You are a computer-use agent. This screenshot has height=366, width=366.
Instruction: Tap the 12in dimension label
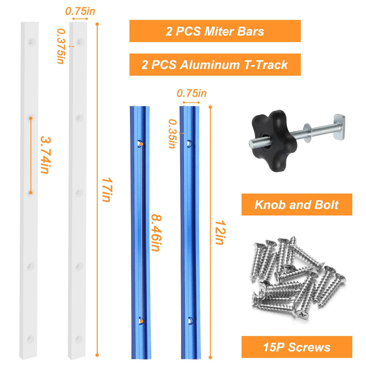220,232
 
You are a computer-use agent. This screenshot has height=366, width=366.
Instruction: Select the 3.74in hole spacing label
46,155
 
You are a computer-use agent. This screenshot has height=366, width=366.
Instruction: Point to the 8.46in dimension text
156,233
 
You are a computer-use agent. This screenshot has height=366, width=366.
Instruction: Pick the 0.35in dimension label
173,134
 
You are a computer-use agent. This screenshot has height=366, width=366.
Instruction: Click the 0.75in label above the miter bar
80,11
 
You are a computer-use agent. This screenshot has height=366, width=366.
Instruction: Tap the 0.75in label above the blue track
192,93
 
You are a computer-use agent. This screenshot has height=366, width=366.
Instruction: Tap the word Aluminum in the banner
210,65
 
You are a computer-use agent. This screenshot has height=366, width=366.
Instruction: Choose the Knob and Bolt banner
297,205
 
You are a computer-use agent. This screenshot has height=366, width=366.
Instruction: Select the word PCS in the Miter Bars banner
188,31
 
